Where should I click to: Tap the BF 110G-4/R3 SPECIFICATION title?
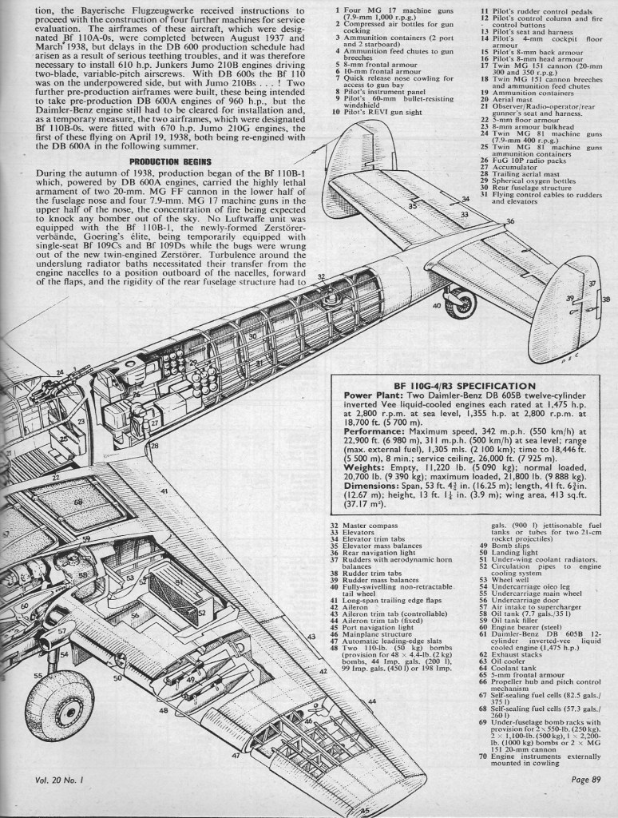[x=465, y=386]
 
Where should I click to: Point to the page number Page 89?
[x=586, y=780]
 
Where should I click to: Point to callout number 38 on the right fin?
[x=605, y=300]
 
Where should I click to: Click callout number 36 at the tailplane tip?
[x=510, y=221]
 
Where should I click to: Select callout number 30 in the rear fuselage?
[x=252, y=336]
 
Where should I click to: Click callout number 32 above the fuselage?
[x=321, y=276]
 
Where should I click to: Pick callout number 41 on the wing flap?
[x=164, y=491]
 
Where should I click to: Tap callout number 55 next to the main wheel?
[x=38, y=676]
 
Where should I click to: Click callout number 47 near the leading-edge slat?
[x=236, y=755]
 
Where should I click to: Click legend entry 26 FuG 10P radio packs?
[x=523, y=161]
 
